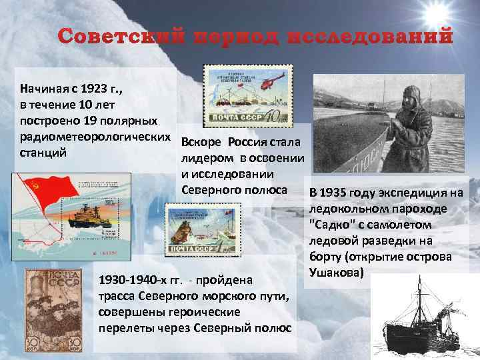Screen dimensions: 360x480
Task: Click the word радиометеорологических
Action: coord(95,137)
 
